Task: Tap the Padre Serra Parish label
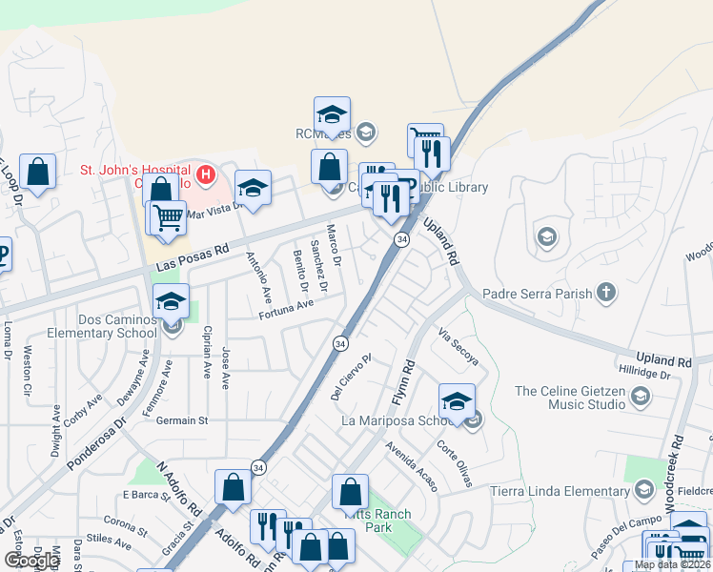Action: click(x=538, y=294)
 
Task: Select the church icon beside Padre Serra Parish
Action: click(x=605, y=293)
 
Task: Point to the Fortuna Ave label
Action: click(x=286, y=305)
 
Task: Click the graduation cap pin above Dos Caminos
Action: click(x=172, y=302)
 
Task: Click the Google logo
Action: click(x=31, y=561)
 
